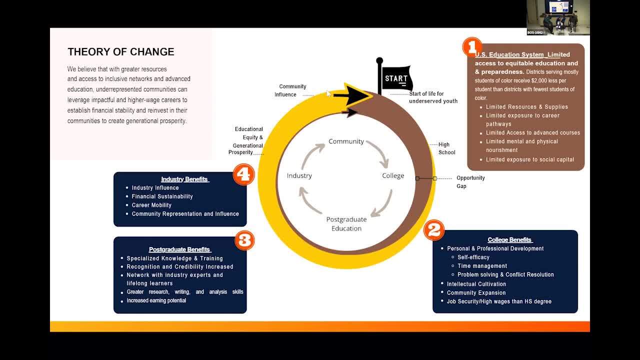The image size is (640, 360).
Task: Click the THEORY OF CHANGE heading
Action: tap(121, 52)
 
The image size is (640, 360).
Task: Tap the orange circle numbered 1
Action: tap(472, 47)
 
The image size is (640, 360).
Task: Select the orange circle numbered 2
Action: tap(433, 230)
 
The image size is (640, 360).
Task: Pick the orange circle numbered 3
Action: tap(244, 240)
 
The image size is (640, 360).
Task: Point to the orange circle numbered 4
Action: tap(244, 174)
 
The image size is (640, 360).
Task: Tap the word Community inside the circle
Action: tap(346, 141)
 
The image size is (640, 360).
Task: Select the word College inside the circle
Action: tap(393, 175)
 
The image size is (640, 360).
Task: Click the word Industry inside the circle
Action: tap(299, 175)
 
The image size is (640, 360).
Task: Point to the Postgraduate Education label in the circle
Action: tap(346, 223)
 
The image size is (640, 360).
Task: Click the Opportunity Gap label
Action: tap(470, 181)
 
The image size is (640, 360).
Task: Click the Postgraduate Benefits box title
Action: tap(180, 249)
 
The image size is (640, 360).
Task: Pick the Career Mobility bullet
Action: tap(151, 205)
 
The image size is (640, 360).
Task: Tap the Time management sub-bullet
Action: tap(482, 266)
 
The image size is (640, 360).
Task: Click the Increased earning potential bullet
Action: tap(156, 300)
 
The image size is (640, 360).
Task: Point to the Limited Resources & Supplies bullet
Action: tap(527, 107)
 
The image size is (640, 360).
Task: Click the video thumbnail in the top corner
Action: tap(558, 17)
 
